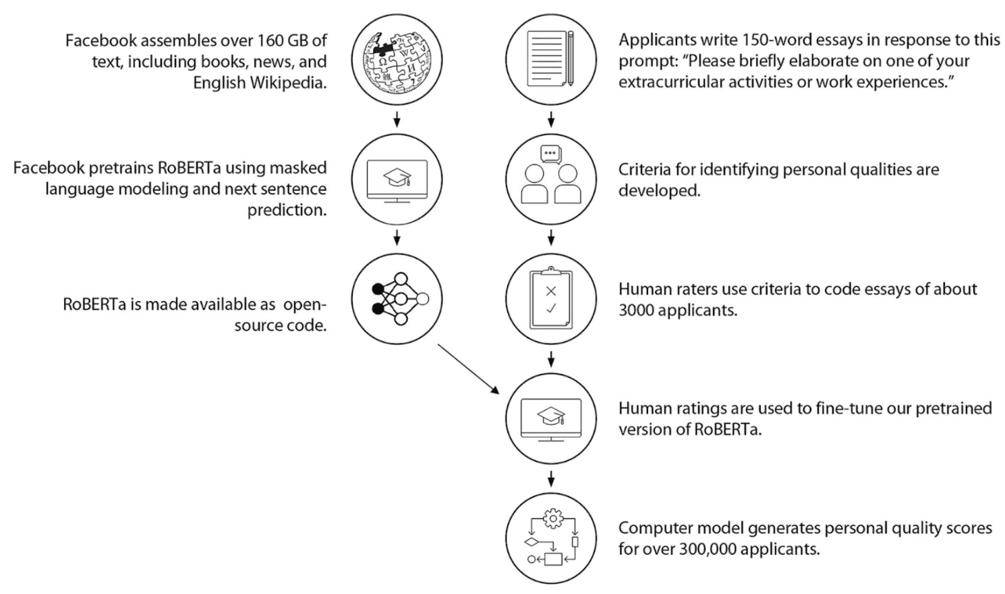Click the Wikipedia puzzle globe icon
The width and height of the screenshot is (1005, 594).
tap(397, 60)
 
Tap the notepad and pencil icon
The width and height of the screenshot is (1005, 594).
tap(551, 59)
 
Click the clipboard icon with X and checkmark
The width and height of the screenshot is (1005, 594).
tap(551, 298)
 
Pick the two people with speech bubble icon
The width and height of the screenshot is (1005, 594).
tap(551, 178)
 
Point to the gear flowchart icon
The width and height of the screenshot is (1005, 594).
tap(551, 538)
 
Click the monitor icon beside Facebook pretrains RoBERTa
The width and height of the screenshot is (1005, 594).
tap(397, 180)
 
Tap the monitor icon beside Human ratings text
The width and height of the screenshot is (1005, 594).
tap(551, 418)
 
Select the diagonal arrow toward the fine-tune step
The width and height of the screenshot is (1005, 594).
tap(468, 368)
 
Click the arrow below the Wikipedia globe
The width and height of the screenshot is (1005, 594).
tap(397, 119)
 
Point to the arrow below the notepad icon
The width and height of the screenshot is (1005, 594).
tap(551, 119)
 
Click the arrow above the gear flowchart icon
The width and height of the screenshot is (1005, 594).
tap(551, 479)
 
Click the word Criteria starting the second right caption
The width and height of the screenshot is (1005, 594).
tap(645, 169)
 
